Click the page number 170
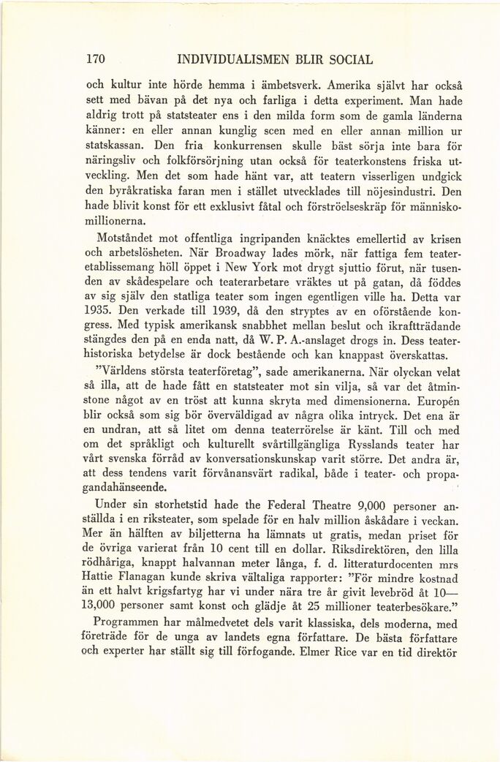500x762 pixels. click(96, 58)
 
